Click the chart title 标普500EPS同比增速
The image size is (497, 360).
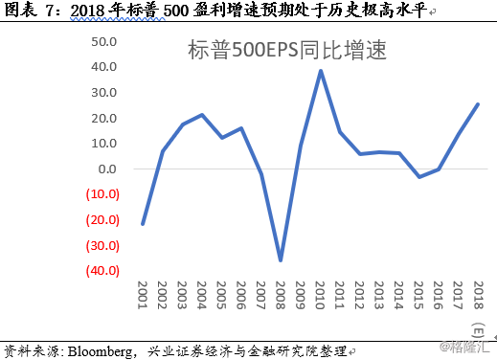pyautogui.click(x=286, y=49)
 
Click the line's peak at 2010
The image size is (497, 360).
pyautogui.click(x=320, y=70)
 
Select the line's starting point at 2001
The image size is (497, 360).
pyautogui.click(x=143, y=224)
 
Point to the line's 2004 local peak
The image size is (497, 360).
pyautogui.click(x=202, y=115)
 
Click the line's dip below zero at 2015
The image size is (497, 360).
pyautogui.click(x=418, y=177)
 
